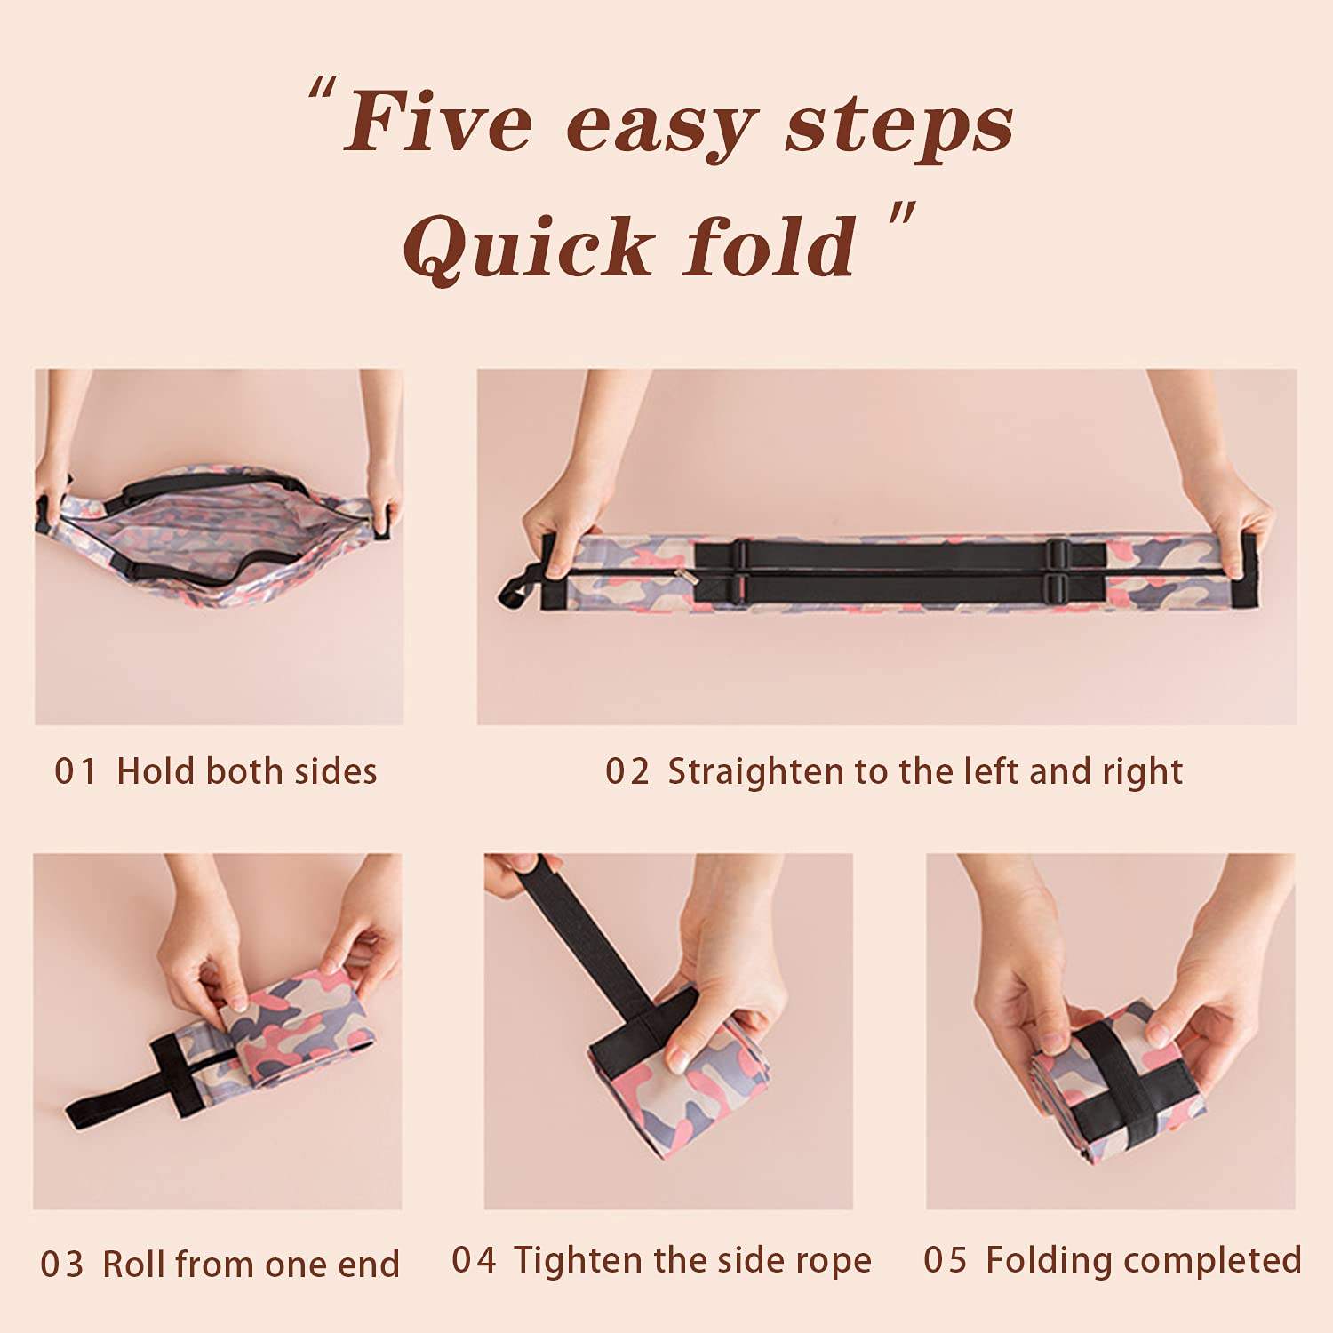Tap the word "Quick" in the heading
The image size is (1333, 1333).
(x=529, y=246)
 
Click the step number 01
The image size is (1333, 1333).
(x=75, y=771)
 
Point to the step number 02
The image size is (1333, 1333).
(x=627, y=771)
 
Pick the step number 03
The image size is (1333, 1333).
(x=62, y=1265)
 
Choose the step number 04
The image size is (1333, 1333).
(x=474, y=1260)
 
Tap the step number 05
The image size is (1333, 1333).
(x=946, y=1260)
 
